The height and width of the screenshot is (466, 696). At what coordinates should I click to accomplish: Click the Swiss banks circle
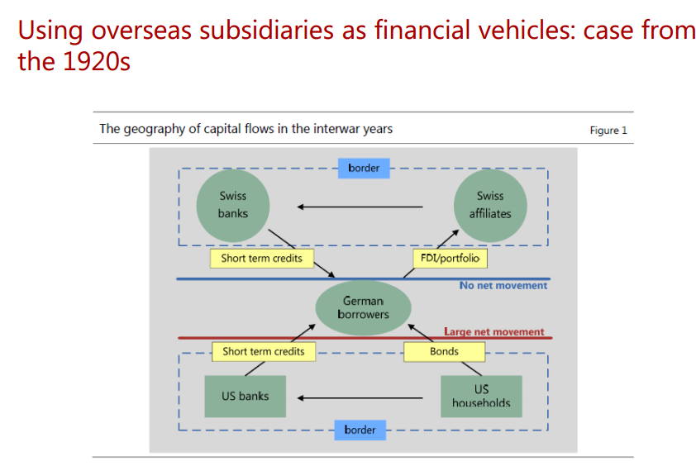tap(233, 205)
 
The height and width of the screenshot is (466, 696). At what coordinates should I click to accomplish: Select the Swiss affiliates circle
tap(490, 205)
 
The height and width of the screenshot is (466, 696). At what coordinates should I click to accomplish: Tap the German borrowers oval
tap(363, 308)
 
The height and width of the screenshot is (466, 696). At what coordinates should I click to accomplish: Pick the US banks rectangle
tap(246, 397)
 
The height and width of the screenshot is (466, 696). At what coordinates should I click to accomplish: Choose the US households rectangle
tap(481, 396)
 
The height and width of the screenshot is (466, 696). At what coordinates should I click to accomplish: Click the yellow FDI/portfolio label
tap(449, 259)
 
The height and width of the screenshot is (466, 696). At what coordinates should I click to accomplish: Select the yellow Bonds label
tap(444, 351)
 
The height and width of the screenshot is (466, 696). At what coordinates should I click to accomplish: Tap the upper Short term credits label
tap(261, 259)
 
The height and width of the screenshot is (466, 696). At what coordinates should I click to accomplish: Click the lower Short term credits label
tap(264, 351)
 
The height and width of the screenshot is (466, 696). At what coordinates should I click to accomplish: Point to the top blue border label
tap(364, 168)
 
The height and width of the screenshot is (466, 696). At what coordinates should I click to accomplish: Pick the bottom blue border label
tap(360, 430)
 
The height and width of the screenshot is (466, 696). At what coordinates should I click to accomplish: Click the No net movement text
tap(503, 286)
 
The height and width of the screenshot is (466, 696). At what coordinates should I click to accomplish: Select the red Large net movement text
tap(493, 332)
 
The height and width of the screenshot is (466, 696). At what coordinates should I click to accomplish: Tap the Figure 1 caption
tap(608, 130)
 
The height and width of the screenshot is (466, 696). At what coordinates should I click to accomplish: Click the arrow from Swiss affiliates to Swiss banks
tap(360, 207)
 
